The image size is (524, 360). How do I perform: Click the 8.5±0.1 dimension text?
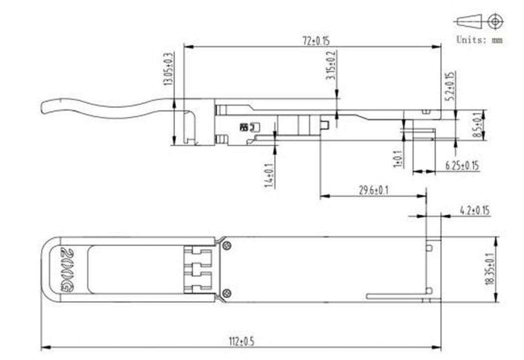click(478, 124)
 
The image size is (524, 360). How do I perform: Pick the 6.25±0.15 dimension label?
click(462, 165)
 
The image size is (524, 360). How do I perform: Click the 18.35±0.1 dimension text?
click(490, 270)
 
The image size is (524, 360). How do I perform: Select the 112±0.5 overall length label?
click(242, 341)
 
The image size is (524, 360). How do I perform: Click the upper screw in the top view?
click(227, 245)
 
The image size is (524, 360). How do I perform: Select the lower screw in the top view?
click(227, 293)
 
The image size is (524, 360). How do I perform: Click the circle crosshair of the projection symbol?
click(495, 21)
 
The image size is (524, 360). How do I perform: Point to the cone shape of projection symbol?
click(468, 21)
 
